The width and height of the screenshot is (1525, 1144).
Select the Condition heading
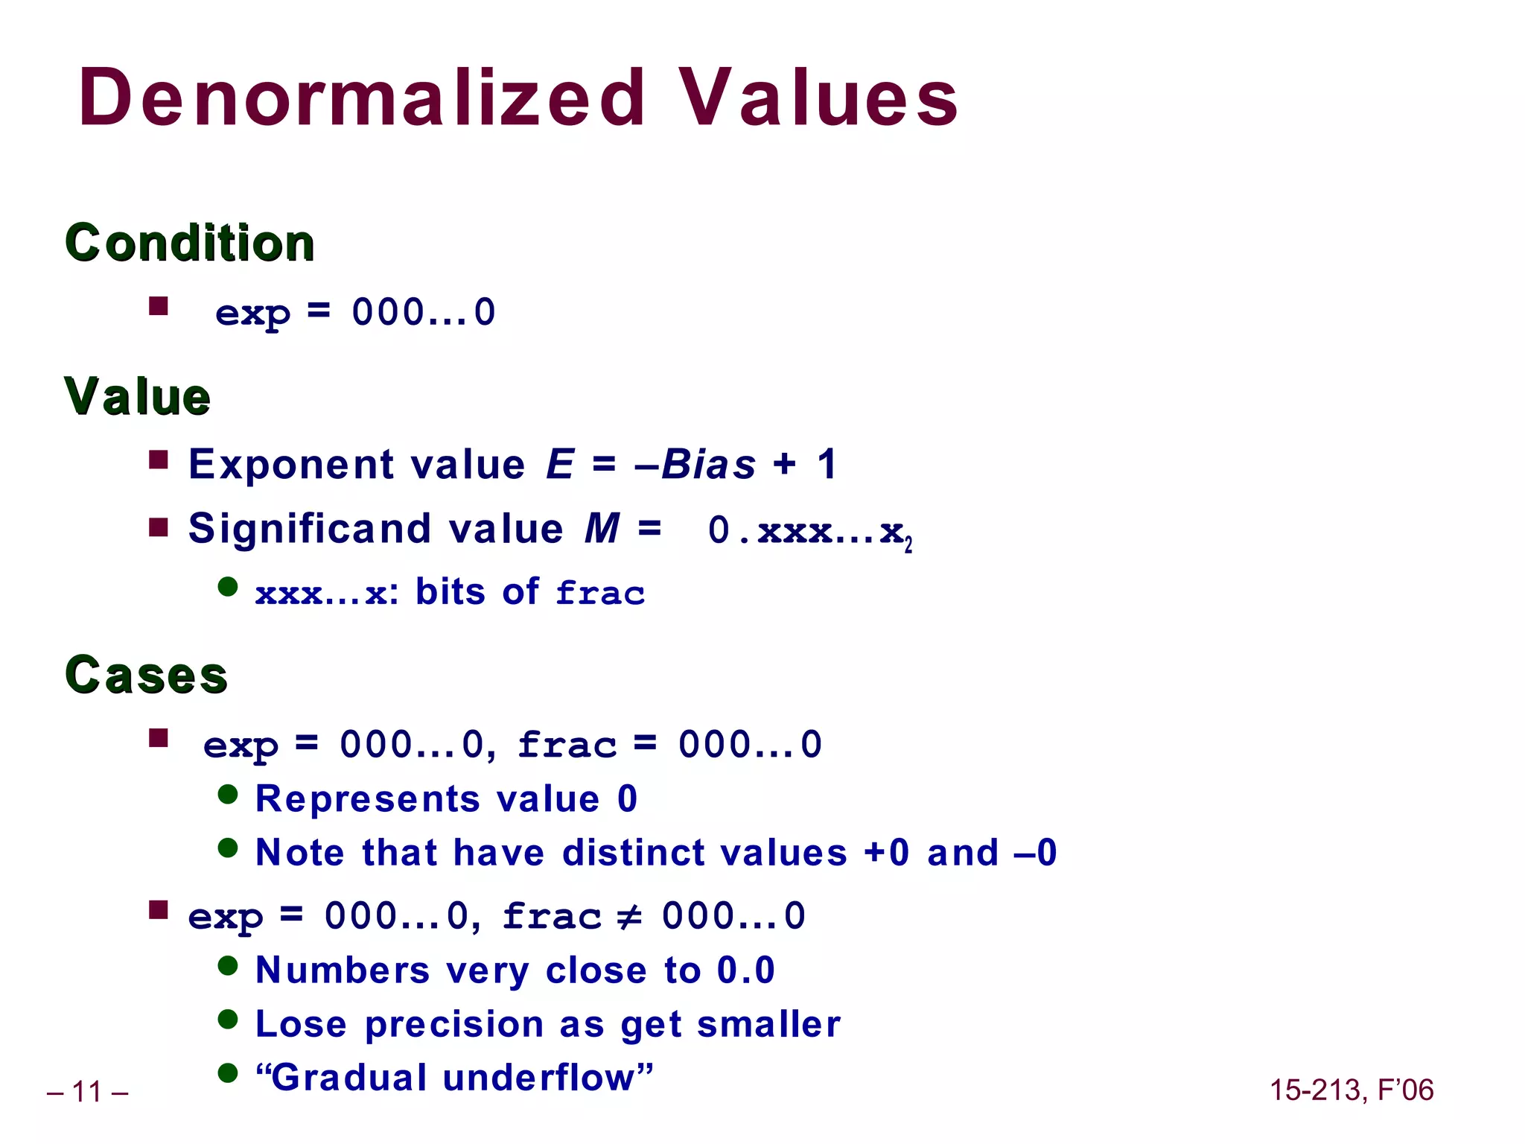click(190, 243)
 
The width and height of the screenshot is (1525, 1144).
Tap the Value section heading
click(138, 396)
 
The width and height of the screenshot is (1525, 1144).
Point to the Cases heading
click(147, 675)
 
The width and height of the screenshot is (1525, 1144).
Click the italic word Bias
click(708, 465)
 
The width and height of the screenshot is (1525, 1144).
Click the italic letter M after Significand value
click(602, 529)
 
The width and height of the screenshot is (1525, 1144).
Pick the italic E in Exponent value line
click(560, 465)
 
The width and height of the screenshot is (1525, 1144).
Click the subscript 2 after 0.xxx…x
click(908, 547)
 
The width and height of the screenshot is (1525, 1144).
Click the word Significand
click(310, 529)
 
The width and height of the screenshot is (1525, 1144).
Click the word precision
click(453, 1024)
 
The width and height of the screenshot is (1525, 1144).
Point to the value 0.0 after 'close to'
click(745, 970)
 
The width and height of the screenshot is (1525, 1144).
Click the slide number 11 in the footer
click(87, 1092)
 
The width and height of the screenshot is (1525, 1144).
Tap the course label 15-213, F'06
click(1351, 1090)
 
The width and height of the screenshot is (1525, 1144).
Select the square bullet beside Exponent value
click(158, 460)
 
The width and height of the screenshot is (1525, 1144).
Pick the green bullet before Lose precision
click(228, 1020)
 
